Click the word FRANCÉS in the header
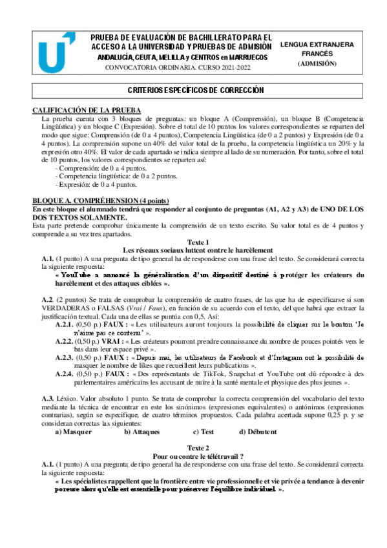point(317,54)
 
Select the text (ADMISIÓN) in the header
point(317,64)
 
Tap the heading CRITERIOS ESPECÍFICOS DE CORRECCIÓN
point(195,90)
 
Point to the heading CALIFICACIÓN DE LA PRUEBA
point(87,111)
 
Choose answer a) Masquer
point(73,431)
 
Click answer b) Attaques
point(141,431)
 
